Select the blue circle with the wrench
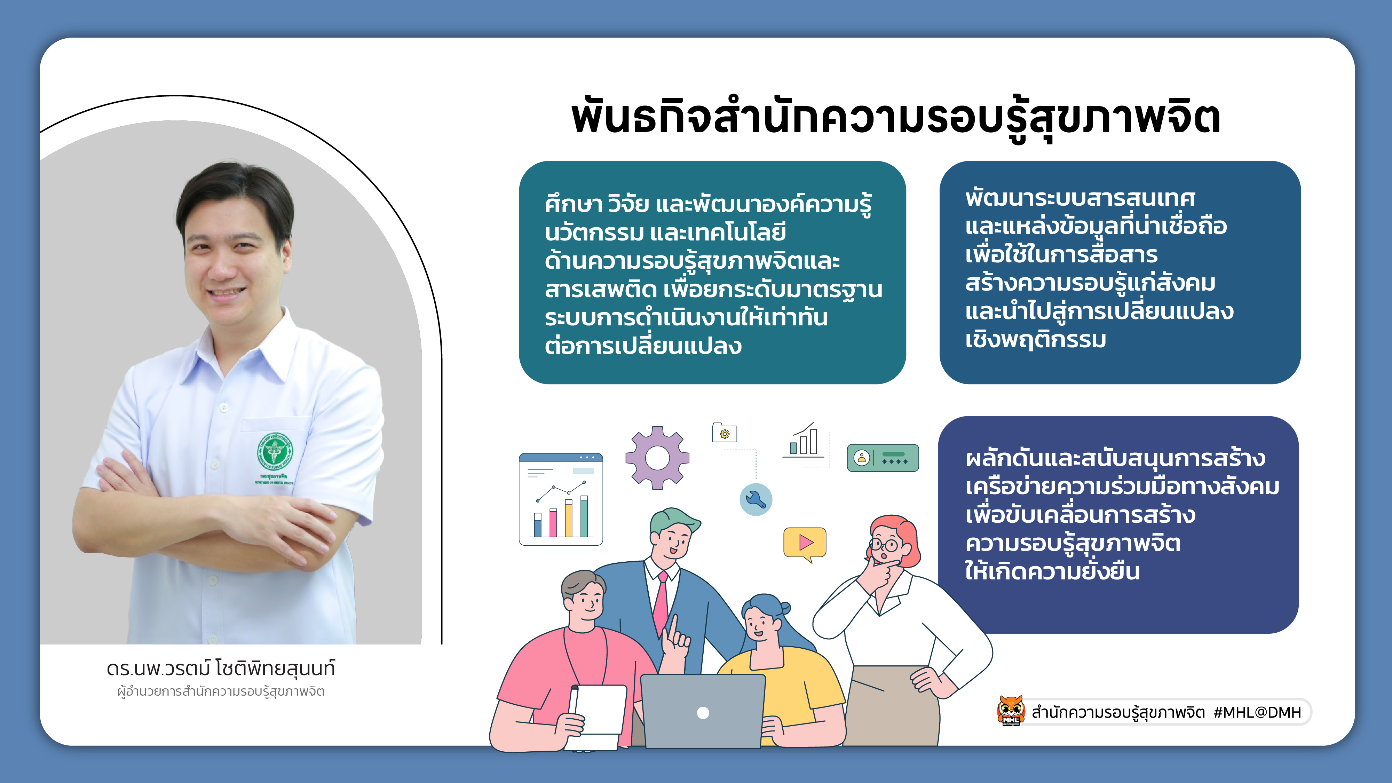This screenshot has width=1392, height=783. click(756, 499)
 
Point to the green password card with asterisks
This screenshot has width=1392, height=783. click(883, 458)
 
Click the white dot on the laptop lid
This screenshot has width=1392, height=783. click(703, 713)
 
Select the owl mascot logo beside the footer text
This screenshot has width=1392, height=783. click(1011, 711)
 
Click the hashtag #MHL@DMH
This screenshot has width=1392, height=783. click(1257, 712)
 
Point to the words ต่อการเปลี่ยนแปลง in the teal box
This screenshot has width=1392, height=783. click(643, 346)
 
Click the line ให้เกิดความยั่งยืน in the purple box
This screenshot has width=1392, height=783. click(1053, 571)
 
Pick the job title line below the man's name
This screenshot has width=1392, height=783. click(221, 692)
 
